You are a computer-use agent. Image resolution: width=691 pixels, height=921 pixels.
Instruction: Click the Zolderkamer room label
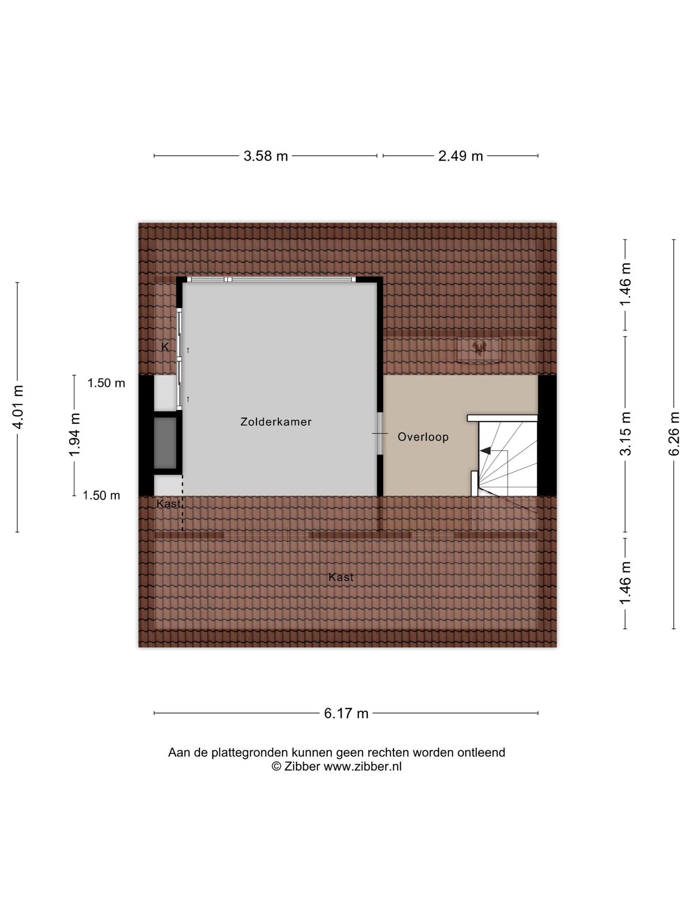[x=276, y=422]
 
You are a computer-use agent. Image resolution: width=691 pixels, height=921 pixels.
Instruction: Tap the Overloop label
[x=423, y=437]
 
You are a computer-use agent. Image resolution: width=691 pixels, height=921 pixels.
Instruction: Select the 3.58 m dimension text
[x=265, y=156]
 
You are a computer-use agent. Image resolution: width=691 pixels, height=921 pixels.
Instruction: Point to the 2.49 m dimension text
[x=461, y=156]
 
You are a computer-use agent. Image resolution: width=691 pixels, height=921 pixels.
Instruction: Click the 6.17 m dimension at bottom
[x=346, y=713]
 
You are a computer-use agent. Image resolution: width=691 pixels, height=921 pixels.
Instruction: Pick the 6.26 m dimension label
[x=673, y=434]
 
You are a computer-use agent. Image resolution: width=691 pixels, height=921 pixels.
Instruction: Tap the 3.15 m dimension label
[x=625, y=434]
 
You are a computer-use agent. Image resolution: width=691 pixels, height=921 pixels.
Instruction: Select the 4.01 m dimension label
[x=18, y=407]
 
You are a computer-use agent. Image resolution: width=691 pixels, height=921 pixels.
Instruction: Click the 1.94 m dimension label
[x=75, y=435]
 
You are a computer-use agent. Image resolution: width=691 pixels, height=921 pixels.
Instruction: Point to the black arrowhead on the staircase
[x=485, y=451]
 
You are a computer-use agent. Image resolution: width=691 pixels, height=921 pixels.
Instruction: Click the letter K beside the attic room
[x=165, y=347]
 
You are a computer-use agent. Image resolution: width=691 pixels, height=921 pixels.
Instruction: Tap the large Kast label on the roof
[x=341, y=577]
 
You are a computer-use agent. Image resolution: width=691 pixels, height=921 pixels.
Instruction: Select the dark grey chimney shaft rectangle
[x=165, y=443]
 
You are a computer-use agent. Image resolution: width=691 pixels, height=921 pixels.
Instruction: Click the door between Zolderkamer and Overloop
[x=380, y=434]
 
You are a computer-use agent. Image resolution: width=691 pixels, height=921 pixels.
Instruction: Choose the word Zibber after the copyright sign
[x=302, y=766]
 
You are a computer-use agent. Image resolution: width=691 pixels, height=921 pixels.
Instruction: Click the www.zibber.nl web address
[x=363, y=766]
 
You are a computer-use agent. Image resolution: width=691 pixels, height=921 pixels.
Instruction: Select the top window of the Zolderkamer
[x=271, y=280]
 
